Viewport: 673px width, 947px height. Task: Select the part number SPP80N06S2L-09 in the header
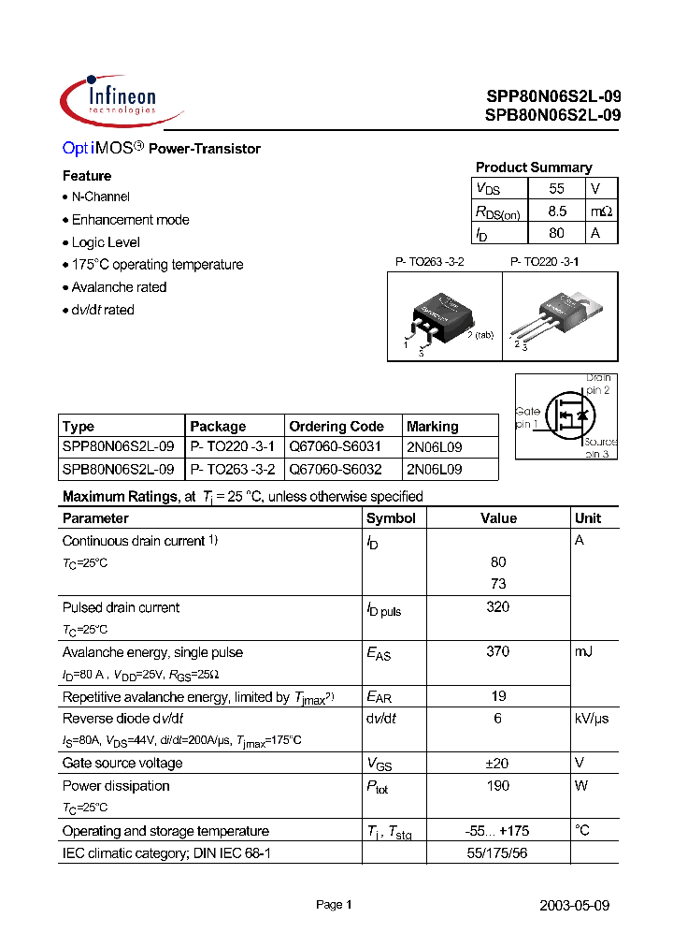[x=552, y=96]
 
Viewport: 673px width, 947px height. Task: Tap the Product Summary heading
[x=533, y=168]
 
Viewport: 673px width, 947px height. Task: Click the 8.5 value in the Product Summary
[x=557, y=211]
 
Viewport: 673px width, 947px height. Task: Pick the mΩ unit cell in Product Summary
[x=602, y=211]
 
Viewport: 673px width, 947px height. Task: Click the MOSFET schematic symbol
[x=566, y=415]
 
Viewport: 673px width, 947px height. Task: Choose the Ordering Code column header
[x=336, y=426]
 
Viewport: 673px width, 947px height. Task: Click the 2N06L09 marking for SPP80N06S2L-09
[x=434, y=447]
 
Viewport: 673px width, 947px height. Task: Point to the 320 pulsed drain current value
[x=498, y=607]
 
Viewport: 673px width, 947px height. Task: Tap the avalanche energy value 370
[x=498, y=652]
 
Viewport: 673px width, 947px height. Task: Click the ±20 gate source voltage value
[x=498, y=764]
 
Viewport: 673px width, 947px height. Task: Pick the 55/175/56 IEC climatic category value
[x=498, y=853]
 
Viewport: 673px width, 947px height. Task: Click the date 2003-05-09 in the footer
[x=575, y=906]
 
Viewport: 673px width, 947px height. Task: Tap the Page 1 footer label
[x=334, y=905]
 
